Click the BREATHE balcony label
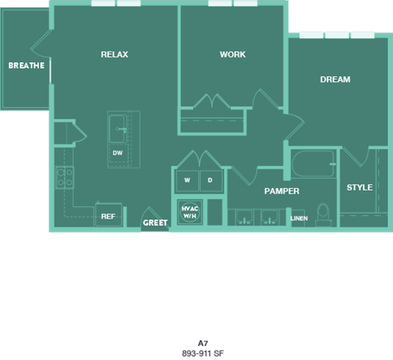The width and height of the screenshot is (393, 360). pyautogui.click(x=26, y=65)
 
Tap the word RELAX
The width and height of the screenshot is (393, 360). pyautogui.click(x=114, y=54)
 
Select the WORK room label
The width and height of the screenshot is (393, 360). pyautogui.click(x=233, y=54)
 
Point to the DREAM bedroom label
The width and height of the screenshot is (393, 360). pyautogui.click(x=335, y=79)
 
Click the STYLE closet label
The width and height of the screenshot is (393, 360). pyautogui.click(x=359, y=187)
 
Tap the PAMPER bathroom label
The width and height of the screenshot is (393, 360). pyautogui.click(x=281, y=191)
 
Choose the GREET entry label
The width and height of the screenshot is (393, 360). pyautogui.click(x=155, y=223)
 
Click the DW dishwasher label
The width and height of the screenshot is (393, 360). pyautogui.click(x=118, y=153)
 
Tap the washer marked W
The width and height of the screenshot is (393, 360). pyautogui.click(x=187, y=180)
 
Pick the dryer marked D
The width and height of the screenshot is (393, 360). pyautogui.click(x=210, y=180)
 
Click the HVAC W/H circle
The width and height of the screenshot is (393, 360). pyautogui.click(x=189, y=211)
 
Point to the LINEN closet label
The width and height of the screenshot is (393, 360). pyautogui.click(x=299, y=218)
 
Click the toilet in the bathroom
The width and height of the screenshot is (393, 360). pyautogui.click(x=323, y=214)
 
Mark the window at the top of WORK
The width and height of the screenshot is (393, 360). pyautogui.click(x=233, y=3)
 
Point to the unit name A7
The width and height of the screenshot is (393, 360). pyautogui.click(x=203, y=343)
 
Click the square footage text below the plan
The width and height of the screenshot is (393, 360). pyautogui.click(x=203, y=353)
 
